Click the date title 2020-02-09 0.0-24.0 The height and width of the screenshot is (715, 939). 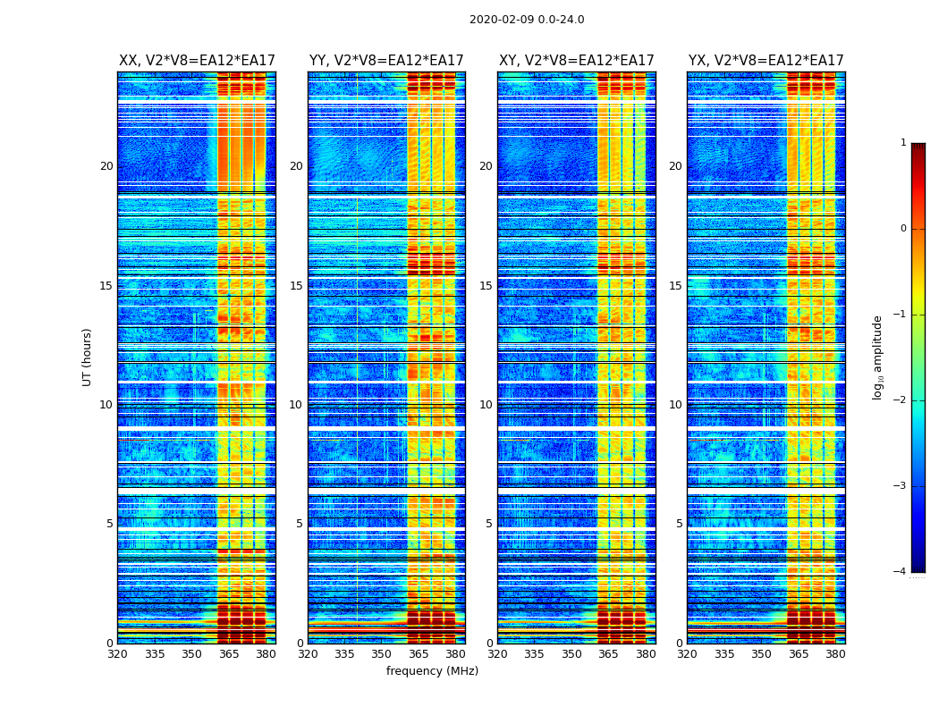[527, 20]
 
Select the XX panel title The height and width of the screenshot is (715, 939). [197, 61]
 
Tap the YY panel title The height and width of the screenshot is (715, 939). [386, 61]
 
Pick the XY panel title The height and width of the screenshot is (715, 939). [576, 61]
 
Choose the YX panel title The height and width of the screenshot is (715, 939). [766, 61]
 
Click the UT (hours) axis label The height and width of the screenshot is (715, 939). [87, 357]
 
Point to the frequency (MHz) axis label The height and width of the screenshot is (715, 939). [432, 671]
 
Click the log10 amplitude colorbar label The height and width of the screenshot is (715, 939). [877, 357]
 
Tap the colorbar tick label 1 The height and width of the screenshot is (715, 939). [903, 143]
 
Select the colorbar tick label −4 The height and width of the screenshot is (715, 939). [901, 572]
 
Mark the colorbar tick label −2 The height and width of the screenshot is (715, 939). [901, 400]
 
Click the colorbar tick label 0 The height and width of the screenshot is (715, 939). [903, 229]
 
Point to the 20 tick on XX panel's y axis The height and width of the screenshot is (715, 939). [106, 166]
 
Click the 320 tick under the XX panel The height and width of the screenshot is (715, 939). [117, 654]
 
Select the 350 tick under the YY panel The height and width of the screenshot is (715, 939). [382, 654]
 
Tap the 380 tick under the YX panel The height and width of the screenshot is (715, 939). [835, 654]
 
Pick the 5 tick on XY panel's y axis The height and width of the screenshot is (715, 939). [488, 524]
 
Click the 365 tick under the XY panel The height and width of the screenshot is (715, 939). [608, 654]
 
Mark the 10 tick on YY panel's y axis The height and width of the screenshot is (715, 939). [296, 405]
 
